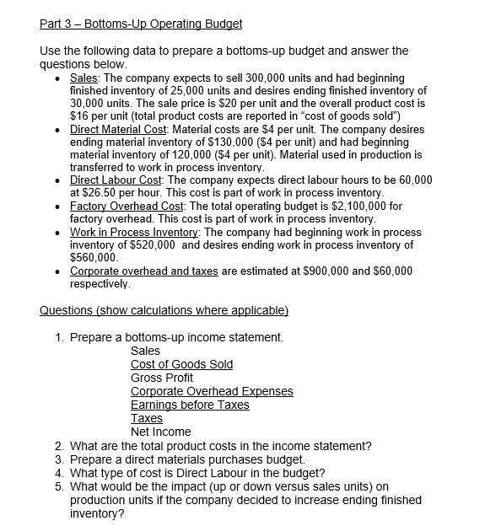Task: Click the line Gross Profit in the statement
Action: [x=162, y=378]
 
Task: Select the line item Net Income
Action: [x=161, y=432]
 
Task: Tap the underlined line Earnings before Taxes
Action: [x=190, y=405]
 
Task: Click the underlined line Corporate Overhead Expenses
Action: [x=212, y=391]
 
